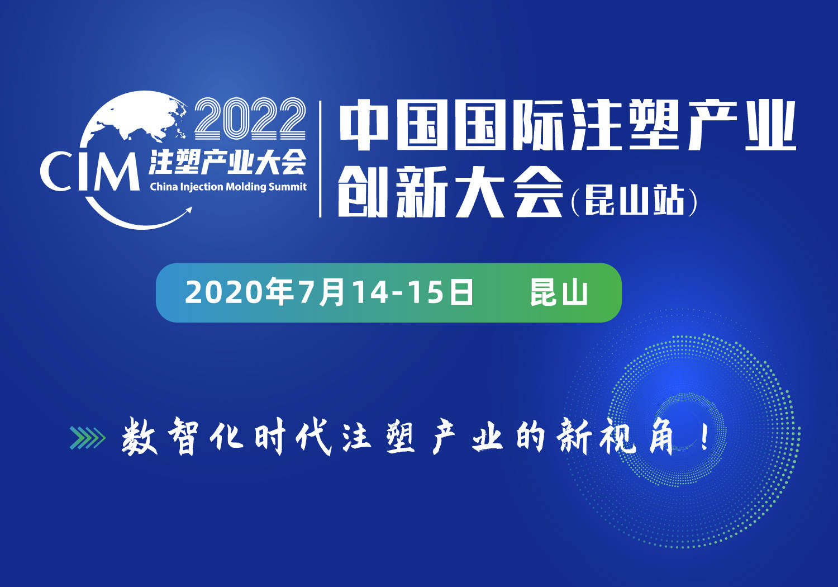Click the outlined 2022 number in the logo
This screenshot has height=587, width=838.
click(250, 119)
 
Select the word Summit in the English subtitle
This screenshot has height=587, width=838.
click(287, 186)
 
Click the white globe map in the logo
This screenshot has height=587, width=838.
click(139, 120)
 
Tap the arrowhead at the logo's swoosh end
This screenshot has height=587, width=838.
click(188, 210)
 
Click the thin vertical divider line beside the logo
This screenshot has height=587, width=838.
click(320, 159)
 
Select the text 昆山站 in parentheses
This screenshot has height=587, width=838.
click(635, 201)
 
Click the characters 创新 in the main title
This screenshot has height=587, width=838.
click(393, 192)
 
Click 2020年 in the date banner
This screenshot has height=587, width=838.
click(239, 292)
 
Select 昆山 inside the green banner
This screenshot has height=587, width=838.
click(559, 292)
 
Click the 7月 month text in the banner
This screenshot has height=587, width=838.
click(321, 292)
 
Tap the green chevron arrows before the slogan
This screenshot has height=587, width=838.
click(88, 438)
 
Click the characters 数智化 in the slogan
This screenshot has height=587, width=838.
click(183, 437)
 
